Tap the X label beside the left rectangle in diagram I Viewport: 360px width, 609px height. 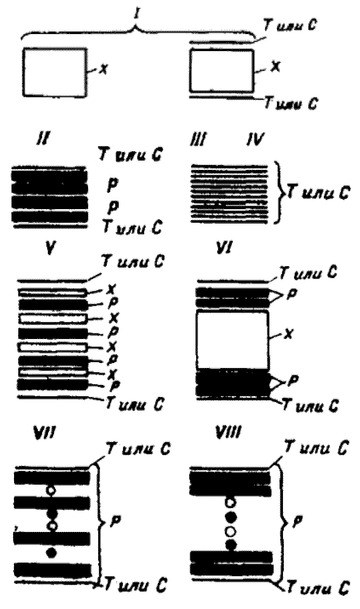103,69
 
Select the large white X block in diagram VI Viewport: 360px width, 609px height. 232,341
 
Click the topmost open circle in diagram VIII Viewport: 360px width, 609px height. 230,503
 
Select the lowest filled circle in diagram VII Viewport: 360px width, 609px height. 51,552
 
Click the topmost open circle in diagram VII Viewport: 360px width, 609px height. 51,490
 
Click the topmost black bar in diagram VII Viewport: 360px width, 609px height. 52,477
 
